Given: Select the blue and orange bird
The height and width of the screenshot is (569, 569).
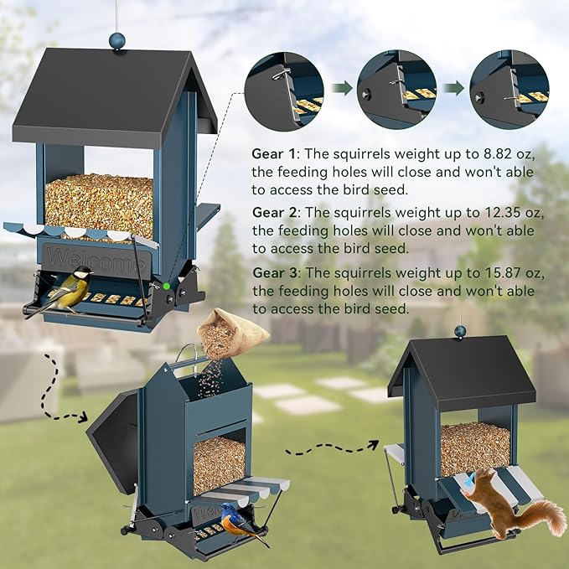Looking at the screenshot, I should (241, 525).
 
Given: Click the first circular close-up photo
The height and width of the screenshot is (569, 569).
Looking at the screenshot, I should (286, 86).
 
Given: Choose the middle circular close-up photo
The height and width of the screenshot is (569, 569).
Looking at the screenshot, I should (398, 86).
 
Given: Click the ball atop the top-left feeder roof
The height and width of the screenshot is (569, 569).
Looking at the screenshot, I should (117, 39).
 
